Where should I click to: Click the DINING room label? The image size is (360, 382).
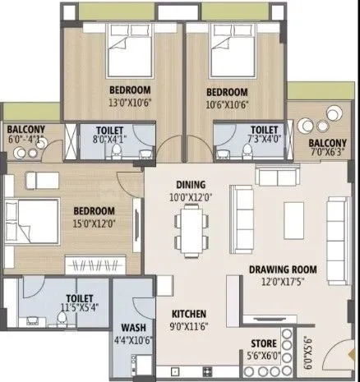tap(189, 184)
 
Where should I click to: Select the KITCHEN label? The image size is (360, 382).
tap(188, 314)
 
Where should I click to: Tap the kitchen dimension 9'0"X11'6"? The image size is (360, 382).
tap(188, 325)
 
